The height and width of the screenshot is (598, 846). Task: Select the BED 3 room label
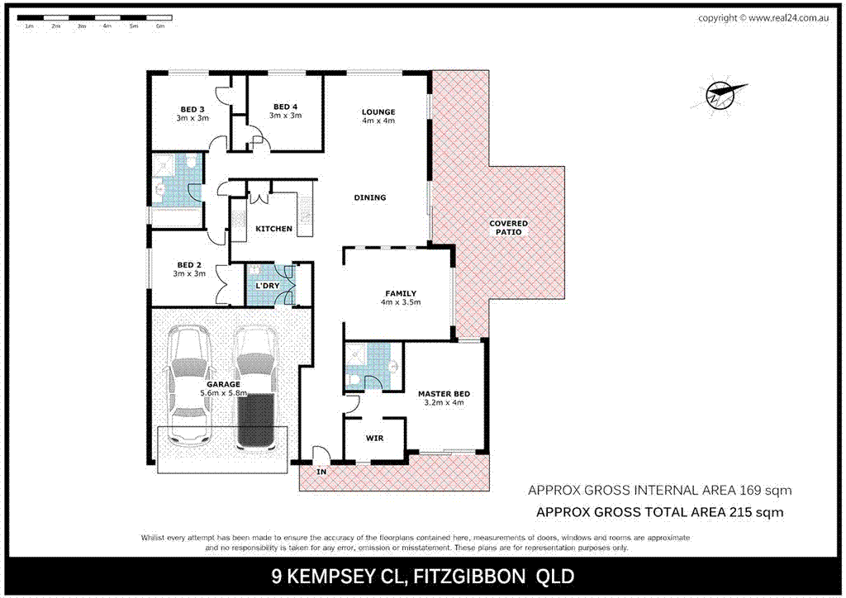[192, 108]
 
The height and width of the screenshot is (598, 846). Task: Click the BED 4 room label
[285, 107]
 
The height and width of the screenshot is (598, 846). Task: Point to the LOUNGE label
[378, 112]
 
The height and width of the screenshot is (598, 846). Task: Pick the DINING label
[369, 197]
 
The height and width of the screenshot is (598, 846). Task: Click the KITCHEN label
[273, 229]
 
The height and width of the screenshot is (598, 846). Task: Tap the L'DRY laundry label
[267, 286]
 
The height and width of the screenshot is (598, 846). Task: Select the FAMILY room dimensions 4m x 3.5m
[401, 302]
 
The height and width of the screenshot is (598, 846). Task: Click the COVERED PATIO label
[508, 228]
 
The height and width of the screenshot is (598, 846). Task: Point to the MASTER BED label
[444, 394]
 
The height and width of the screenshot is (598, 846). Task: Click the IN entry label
[321, 472]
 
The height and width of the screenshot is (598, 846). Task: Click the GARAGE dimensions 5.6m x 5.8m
[224, 394]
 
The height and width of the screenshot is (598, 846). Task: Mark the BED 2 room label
[189, 265]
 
